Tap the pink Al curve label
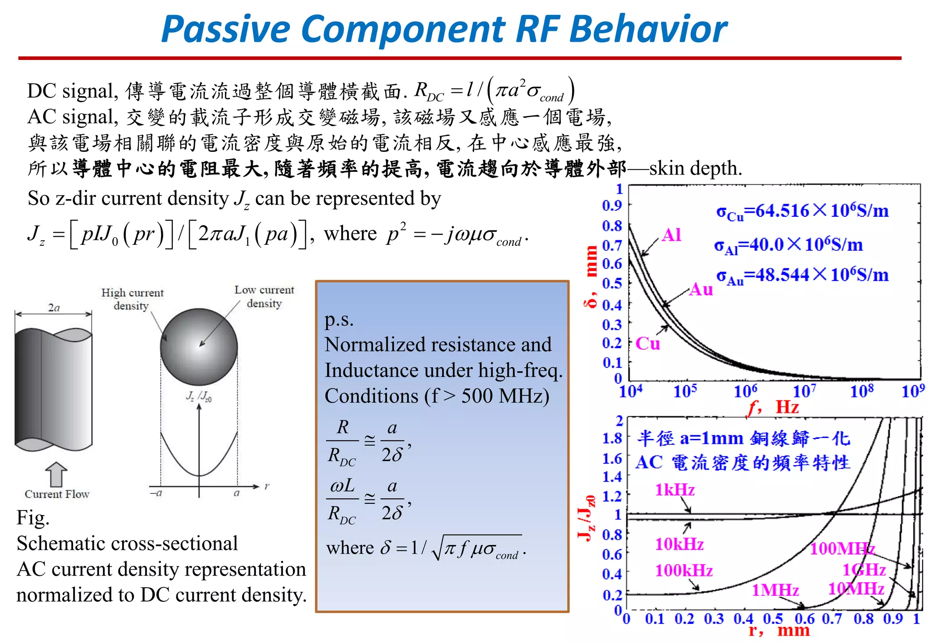pos(671,235)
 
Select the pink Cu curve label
pos(648,344)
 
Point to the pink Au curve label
pos(701,289)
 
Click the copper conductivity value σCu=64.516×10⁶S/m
pos(802,211)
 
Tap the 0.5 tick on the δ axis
pos(612,284)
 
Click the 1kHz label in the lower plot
pos(675,490)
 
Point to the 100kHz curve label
pos(684,570)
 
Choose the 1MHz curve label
pos(775,590)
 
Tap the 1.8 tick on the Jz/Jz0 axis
pos(612,438)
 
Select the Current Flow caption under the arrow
pos(57,494)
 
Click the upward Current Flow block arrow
pos(56,474)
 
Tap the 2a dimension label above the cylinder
pos(54,308)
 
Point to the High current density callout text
pos(132,299)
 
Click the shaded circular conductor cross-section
pos(199,347)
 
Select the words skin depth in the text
pos(695,169)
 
